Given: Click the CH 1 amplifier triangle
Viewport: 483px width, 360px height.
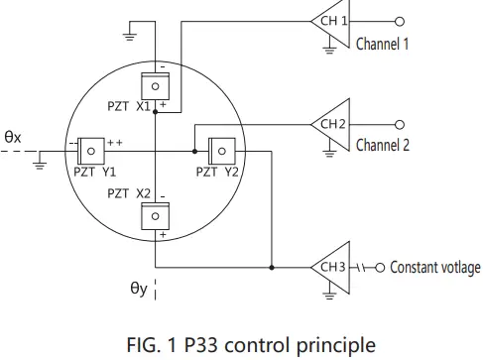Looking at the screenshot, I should pyautogui.click(x=329, y=21).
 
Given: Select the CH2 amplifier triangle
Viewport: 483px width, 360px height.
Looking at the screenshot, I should pyautogui.click(x=329, y=125).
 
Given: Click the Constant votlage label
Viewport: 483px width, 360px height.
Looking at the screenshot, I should pyautogui.click(x=434, y=268).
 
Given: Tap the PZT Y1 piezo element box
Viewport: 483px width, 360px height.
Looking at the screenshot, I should pyautogui.click(x=90, y=151).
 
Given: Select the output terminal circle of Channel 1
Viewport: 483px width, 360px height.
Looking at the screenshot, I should pyautogui.click(x=400, y=21).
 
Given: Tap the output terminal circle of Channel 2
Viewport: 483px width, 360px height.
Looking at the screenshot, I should pyautogui.click(x=400, y=125).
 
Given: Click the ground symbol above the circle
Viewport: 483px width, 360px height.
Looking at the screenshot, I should pyautogui.click(x=129, y=37).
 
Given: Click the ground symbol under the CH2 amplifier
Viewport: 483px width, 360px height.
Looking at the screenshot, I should pyautogui.click(x=328, y=151).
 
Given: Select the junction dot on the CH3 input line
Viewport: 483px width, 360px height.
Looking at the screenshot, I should pyautogui.click(x=270, y=267).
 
